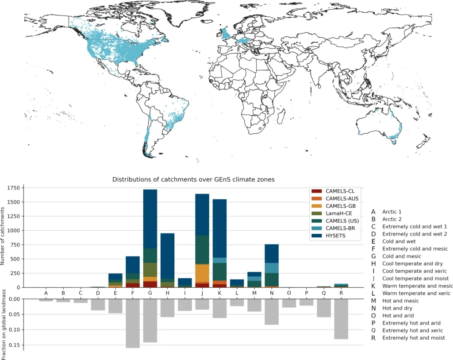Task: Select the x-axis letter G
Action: point(150,293)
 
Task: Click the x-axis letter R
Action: point(341,293)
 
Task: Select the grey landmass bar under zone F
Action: point(133,323)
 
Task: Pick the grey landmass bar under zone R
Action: point(341,319)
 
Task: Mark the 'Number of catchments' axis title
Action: point(4,238)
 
